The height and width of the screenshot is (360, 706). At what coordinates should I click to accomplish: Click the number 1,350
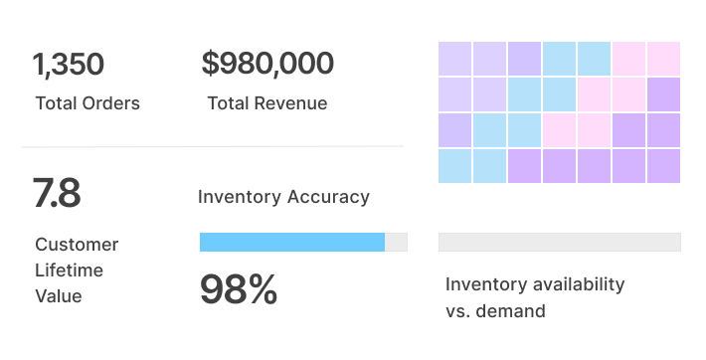point(69,65)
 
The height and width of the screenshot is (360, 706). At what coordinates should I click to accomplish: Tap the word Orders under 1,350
point(109,103)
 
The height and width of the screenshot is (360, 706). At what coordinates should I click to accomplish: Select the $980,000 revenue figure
point(267,64)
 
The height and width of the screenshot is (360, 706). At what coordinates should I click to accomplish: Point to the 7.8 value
point(57,192)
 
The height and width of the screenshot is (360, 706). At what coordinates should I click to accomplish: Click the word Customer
point(77,245)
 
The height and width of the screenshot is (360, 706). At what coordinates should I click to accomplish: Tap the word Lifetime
point(69,270)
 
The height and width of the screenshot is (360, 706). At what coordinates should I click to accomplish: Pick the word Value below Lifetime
point(59,295)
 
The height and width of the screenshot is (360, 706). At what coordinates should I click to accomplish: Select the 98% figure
point(239,289)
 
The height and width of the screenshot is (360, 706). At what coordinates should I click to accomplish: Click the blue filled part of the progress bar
point(291,242)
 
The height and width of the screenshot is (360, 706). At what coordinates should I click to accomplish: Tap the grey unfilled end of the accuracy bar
point(396,242)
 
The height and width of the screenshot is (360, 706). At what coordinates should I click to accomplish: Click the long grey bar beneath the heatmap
point(559,242)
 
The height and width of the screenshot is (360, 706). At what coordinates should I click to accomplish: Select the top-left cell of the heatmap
point(455,58)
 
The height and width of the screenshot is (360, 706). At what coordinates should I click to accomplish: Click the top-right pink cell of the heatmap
point(663,58)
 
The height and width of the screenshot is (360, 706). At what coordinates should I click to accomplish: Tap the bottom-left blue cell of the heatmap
point(455,165)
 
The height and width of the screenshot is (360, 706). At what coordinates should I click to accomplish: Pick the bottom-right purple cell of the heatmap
point(663,165)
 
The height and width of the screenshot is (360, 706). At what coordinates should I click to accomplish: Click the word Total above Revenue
point(229,103)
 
